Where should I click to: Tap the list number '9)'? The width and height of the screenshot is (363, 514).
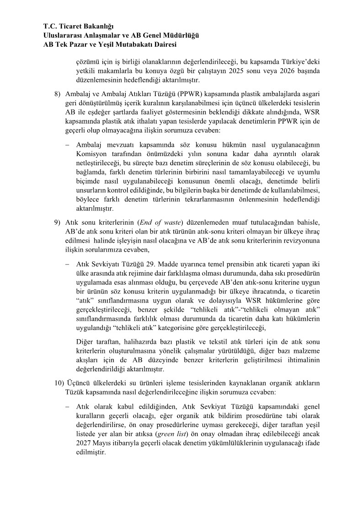coord(57,222)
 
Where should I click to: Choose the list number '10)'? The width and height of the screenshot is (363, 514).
coord(59,383)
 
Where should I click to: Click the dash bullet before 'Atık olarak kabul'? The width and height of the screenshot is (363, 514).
coord(67,406)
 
